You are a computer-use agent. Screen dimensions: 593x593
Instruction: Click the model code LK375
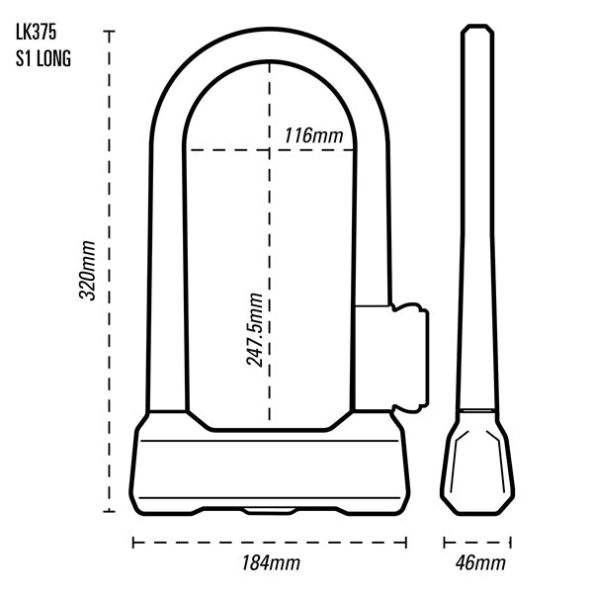point(36,33)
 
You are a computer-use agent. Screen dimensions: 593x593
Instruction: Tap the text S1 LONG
point(43,58)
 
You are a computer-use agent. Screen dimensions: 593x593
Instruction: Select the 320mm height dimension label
point(87,270)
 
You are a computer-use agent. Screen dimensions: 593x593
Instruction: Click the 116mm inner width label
point(313,135)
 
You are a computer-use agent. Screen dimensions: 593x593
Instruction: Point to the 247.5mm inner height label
point(254,329)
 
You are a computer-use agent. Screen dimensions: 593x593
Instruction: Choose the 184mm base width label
point(271,562)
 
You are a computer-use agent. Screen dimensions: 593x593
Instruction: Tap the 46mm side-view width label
point(480,562)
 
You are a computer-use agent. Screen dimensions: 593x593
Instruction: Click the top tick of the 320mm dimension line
point(109,32)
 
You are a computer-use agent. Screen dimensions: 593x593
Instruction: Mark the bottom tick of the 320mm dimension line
point(109,511)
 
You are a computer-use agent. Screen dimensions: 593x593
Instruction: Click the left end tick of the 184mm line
point(133,543)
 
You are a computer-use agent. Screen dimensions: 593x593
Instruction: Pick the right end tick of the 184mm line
point(406,543)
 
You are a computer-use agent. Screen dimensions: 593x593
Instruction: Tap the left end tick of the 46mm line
point(445,543)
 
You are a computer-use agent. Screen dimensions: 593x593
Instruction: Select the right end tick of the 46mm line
point(511,543)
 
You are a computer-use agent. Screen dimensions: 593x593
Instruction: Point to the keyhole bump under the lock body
point(269,511)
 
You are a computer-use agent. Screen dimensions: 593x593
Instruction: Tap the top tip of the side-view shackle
point(477,26)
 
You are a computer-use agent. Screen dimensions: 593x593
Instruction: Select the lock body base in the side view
point(477,464)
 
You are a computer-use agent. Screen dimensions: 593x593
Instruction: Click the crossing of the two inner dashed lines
point(269,150)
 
